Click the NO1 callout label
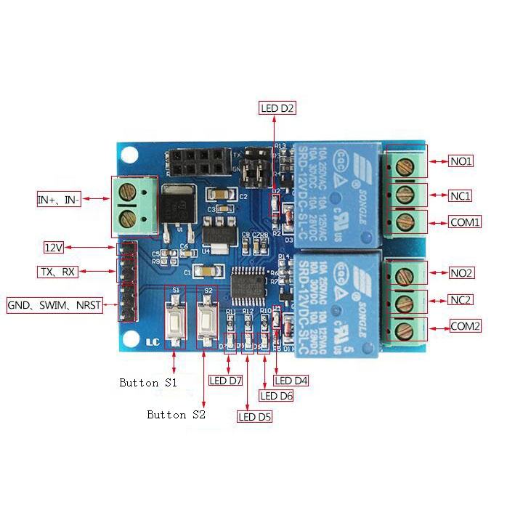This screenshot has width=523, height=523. pyautogui.click(x=461, y=161)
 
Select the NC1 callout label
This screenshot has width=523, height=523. pyautogui.click(x=461, y=195)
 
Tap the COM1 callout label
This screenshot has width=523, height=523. pyautogui.click(x=464, y=222)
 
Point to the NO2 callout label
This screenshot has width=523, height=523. pyautogui.click(x=461, y=273)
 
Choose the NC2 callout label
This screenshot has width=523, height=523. pyautogui.click(x=461, y=300)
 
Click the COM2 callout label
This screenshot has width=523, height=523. pyautogui.click(x=465, y=326)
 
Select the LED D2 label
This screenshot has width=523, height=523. pyautogui.click(x=277, y=109)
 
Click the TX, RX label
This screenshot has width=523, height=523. pyautogui.click(x=57, y=272)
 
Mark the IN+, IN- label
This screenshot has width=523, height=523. pyautogui.click(x=59, y=199)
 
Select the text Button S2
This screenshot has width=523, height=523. pyautogui.click(x=177, y=415)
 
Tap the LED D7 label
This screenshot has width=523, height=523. pyautogui.click(x=225, y=380)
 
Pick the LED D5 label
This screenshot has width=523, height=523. pyautogui.click(x=255, y=417)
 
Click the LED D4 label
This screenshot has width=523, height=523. pyautogui.click(x=292, y=381)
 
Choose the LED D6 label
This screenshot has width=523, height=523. pyautogui.click(x=276, y=396)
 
